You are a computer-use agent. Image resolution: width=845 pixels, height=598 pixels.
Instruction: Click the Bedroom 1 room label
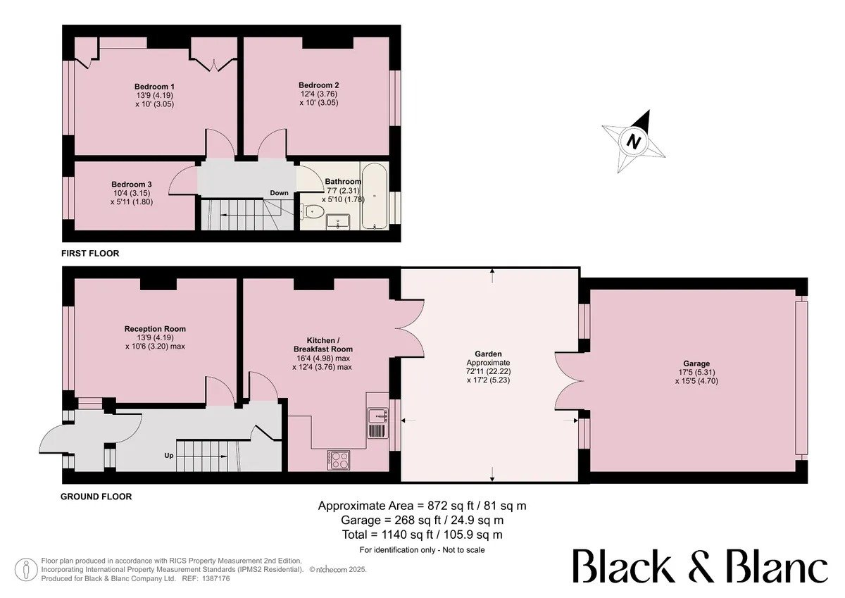point(155,87)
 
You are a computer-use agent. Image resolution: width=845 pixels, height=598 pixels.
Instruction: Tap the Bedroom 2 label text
point(319,85)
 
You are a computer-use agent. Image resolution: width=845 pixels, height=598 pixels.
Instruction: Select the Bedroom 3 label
point(132,185)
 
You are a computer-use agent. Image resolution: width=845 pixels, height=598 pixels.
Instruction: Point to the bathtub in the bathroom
point(374,196)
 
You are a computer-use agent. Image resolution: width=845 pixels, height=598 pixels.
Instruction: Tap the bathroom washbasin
point(338,221)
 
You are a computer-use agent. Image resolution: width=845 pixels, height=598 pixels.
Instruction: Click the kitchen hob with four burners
point(339,460)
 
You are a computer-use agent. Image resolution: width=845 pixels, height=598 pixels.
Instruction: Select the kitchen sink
point(377,416)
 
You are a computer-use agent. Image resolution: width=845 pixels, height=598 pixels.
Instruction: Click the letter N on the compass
point(634,142)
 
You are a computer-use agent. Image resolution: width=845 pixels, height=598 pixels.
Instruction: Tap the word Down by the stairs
point(279,193)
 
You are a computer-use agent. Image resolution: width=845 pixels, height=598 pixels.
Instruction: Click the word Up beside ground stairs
point(168,456)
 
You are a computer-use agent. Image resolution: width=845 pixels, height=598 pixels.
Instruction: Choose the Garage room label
point(696,363)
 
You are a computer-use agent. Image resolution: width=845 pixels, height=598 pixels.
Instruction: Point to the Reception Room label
point(155,329)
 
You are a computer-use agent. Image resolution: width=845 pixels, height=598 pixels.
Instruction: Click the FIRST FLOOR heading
point(90,254)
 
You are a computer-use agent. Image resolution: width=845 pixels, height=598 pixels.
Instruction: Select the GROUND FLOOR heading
point(96,497)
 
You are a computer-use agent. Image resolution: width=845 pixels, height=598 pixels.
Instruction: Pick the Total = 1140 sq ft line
point(422,535)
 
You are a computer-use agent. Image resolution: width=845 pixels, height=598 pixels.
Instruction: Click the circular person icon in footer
point(25,569)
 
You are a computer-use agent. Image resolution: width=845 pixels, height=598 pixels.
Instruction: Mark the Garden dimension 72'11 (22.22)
point(488,371)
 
